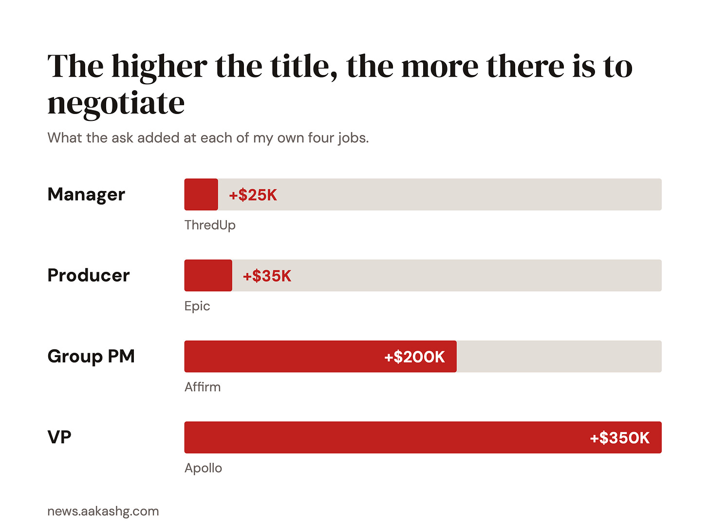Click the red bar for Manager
point(201,194)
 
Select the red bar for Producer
point(208,275)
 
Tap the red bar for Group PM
point(320,356)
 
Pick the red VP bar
point(423,437)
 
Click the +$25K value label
point(253,195)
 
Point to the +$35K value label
point(267,276)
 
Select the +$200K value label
point(414,357)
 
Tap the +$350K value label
point(619,438)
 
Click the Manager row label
point(86,194)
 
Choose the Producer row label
point(89,275)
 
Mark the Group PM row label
point(91,357)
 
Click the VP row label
point(59,437)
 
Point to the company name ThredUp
point(210,225)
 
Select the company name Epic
point(197,306)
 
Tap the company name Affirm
point(203,387)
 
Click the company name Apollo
point(203,468)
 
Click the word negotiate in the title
point(116,104)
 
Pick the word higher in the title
point(159,67)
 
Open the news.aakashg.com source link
point(103,512)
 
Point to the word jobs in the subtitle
point(354,138)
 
